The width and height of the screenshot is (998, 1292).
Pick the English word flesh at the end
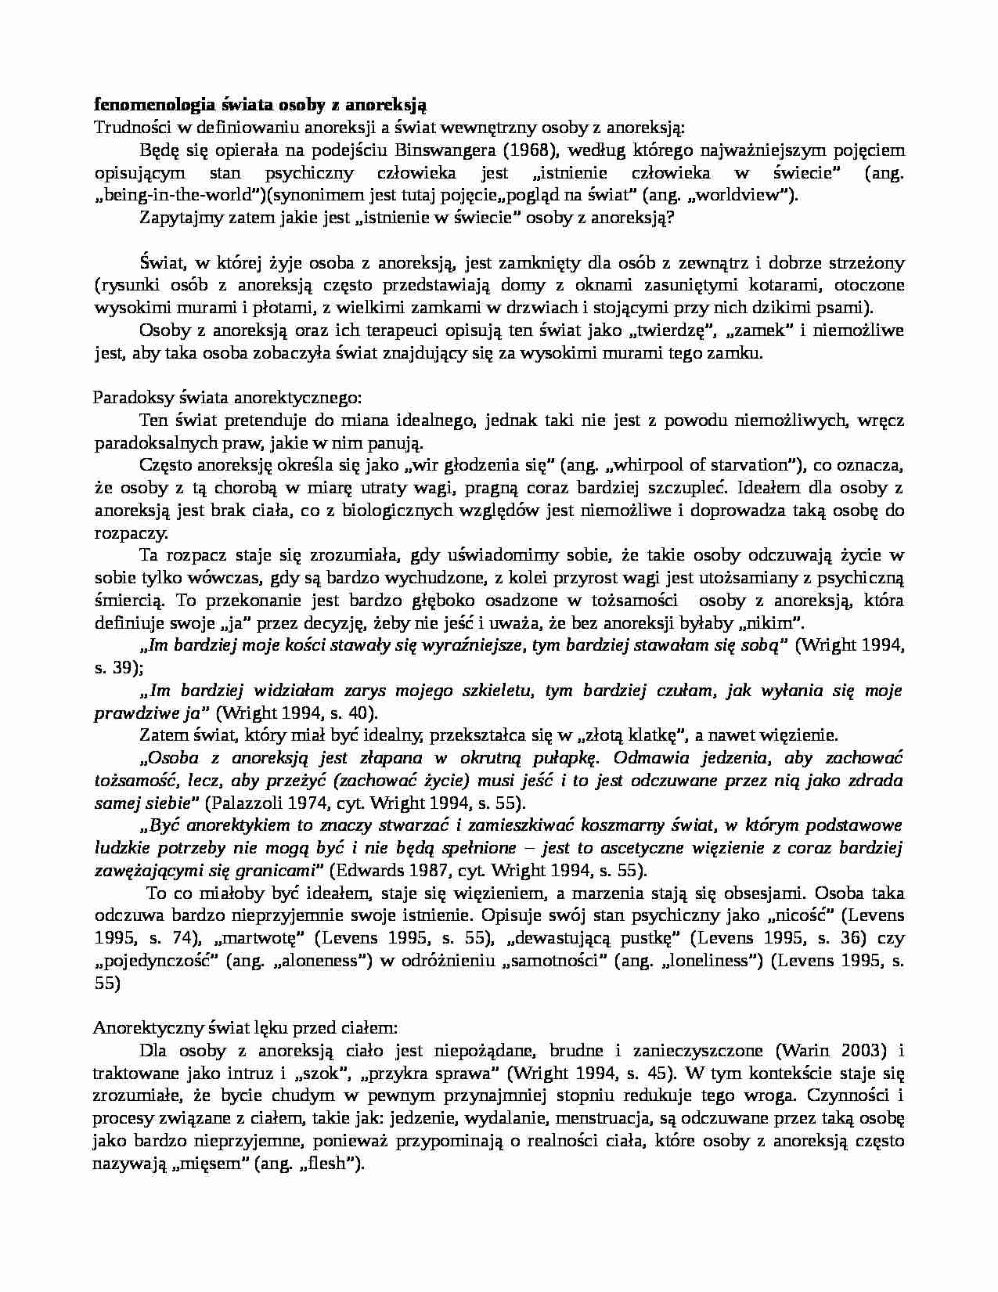(329, 1164)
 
